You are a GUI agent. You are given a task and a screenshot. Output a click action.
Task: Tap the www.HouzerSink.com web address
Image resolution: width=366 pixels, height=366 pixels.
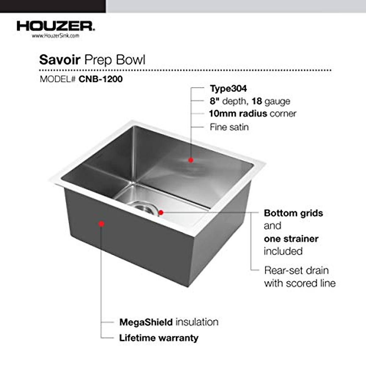(55, 36)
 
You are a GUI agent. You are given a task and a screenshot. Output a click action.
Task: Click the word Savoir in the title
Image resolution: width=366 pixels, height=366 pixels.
(60, 60)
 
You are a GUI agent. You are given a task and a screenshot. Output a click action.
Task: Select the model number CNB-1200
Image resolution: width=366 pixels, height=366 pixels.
(101, 79)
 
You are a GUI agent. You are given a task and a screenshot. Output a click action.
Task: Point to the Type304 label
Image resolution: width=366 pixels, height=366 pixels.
(228, 89)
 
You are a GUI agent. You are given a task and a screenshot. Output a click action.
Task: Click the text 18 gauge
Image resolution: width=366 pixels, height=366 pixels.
(271, 101)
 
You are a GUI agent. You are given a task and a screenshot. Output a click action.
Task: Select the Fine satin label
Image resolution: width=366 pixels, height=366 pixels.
(229, 127)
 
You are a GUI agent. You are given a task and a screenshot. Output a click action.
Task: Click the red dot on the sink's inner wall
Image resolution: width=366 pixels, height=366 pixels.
(191, 160)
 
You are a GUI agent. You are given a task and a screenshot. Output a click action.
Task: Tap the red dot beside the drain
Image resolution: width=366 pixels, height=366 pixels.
(161, 212)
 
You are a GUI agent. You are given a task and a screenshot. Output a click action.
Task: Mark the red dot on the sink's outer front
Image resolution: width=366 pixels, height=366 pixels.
(101, 224)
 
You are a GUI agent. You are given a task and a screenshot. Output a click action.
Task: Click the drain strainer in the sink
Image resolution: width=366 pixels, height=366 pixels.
(143, 207)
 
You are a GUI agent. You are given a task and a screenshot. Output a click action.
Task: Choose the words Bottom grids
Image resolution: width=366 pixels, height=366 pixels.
(293, 213)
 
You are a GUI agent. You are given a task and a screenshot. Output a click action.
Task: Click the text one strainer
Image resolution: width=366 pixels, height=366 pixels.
(291, 239)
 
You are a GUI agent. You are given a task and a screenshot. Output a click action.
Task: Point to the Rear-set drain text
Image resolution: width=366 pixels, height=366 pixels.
(296, 270)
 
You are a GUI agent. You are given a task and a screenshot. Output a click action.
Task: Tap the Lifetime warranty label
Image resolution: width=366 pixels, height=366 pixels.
(159, 338)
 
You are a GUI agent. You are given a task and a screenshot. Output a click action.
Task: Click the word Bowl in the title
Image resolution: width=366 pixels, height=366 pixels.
(131, 60)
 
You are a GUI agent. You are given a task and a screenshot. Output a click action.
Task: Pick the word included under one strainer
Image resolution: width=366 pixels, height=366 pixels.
(283, 251)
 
